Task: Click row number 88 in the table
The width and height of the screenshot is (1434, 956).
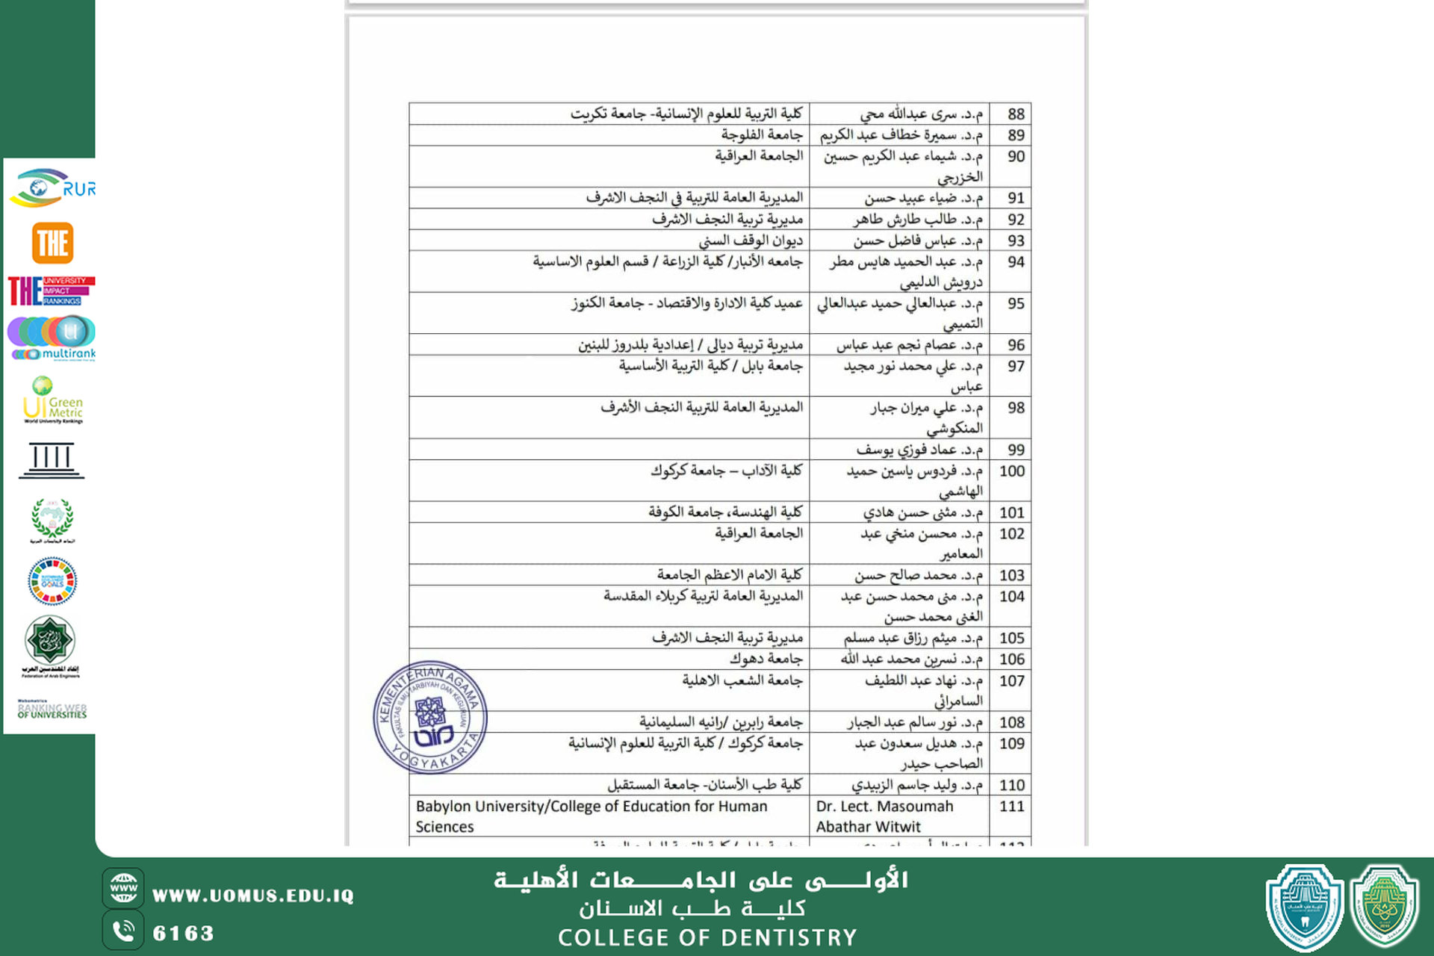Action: coord(1015,114)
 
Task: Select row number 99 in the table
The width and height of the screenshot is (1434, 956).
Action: coord(1015,450)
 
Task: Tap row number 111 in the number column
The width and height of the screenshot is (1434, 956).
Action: coord(1011,807)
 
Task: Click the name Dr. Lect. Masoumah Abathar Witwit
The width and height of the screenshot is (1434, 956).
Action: coord(884,816)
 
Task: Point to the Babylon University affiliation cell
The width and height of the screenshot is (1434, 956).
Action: coord(591,816)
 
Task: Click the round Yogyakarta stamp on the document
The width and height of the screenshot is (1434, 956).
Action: coord(430,717)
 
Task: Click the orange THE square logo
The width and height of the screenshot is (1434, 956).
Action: coord(52,243)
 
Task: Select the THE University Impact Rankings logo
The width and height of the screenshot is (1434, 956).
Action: coord(51,291)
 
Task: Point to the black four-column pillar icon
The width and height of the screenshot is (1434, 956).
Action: coord(52,459)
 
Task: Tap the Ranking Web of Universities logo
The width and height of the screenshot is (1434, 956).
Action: coord(52,709)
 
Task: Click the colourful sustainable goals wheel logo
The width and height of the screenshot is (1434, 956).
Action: coord(52,581)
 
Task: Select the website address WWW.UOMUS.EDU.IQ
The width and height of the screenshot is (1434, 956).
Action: coord(252,896)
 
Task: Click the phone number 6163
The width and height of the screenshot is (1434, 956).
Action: coord(183,933)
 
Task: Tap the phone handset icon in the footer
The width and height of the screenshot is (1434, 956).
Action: coord(123,931)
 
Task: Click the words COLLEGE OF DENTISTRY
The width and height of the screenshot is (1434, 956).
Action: coord(707,937)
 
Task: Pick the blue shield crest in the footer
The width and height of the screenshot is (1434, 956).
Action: coord(1304,906)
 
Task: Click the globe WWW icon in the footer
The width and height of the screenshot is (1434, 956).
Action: coord(123,888)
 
